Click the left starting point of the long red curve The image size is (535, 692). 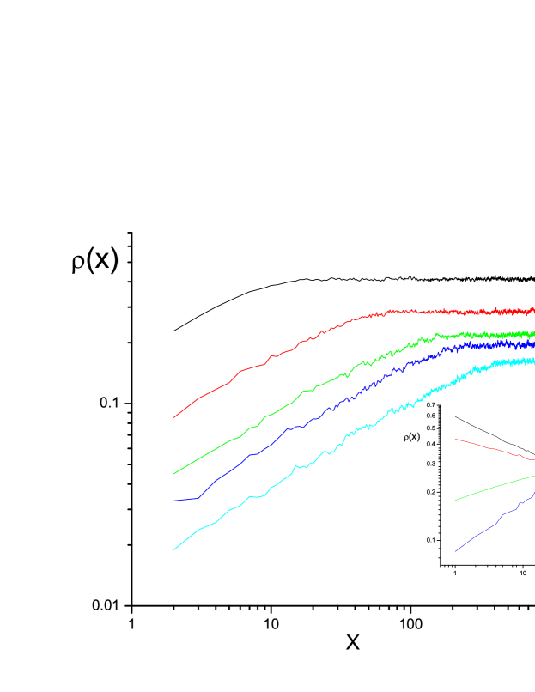point(173,418)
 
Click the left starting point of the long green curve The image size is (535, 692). point(173,474)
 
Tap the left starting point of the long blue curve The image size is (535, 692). point(173,501)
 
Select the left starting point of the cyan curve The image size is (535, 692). point(173,549)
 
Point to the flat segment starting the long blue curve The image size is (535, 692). point(185,500)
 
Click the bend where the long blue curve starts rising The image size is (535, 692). point(199,497)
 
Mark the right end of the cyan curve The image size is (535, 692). point(534,361)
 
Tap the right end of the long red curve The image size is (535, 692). point(534,310)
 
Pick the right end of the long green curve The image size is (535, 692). point(534,333)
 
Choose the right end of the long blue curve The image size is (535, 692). point(534,344)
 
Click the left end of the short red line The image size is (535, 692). point(455,440)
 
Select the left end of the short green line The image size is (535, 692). point(455,500)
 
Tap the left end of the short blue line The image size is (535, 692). point(455,551)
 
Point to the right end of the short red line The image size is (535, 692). point(534,460)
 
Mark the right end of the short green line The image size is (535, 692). point(534,475)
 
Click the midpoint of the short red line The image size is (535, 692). point(495,449)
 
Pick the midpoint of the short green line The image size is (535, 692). point(495,486)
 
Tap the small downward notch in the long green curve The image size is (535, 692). point(347,377)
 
